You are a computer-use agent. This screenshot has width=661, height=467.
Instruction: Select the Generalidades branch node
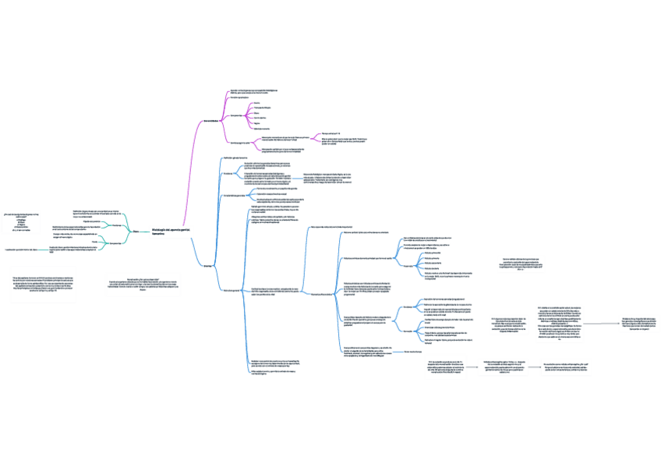[210, 121]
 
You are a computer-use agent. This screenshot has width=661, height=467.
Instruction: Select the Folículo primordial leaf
[433, 253]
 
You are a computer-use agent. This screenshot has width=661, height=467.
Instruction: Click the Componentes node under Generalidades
[235, 115]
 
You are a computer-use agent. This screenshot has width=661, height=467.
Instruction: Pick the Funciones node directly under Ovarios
[228, 174]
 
